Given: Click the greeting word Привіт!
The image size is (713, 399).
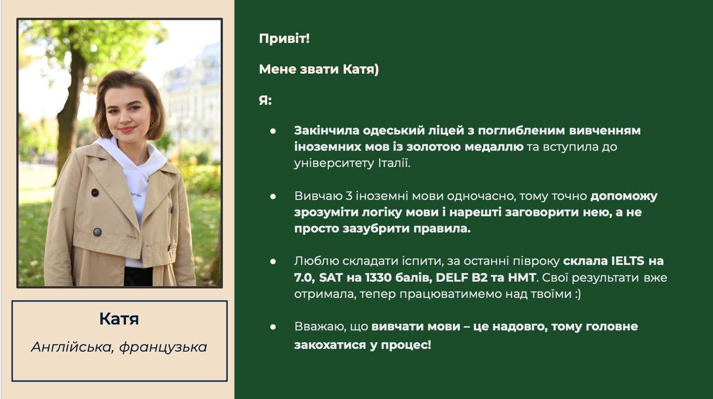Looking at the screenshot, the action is (284, 38).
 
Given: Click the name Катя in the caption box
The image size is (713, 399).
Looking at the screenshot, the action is (119, 319).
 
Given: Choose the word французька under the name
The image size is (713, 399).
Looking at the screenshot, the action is (163, 347).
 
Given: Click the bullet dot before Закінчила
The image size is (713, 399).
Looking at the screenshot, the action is (273, 131).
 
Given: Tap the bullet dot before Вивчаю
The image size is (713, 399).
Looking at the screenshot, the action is (273, 197).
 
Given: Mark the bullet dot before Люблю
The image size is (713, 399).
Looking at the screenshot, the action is (273, 261).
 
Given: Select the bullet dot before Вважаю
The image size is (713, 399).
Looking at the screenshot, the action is (273, 327).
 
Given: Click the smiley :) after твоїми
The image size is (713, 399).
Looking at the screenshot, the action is (578, 294).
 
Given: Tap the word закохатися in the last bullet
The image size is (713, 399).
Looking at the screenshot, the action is (330, 345).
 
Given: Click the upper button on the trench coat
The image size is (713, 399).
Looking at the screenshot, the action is (95, 192).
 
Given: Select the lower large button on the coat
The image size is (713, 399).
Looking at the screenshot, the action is (97, 232).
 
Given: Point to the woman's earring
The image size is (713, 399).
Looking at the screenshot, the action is (152, 123).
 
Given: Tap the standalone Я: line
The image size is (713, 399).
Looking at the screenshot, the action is (265, 100).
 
